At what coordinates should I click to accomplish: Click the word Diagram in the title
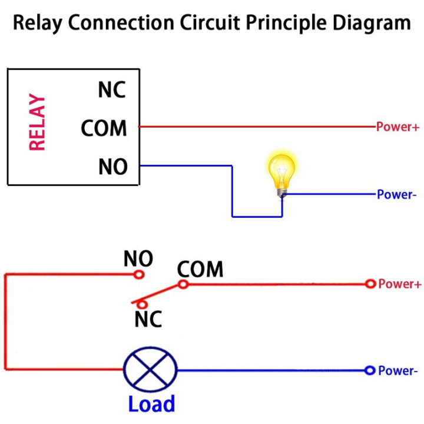coord(370,24)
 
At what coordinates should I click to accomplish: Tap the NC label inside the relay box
coord(112,90)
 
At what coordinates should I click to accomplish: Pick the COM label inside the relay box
coord(104,128)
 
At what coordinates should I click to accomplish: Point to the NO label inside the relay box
coord(112,167)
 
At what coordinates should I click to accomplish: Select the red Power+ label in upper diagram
coord(398,127)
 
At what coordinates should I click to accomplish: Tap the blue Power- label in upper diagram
coord(396,194)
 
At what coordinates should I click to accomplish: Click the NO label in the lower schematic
coord(138,259)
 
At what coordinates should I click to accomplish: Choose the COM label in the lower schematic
coord(200,270)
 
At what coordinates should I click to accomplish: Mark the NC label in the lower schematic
coord(148,319)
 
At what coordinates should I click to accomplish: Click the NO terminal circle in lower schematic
coord(138,274)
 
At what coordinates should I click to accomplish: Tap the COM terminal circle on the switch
coord(183,284)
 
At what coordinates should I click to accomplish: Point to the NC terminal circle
coord(141,304)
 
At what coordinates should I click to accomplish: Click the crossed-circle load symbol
coord(150,370)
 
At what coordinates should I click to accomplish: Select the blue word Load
coord(151,404)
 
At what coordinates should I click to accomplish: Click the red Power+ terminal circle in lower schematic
coord(370,284)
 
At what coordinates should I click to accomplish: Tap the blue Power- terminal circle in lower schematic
coord(370,370)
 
